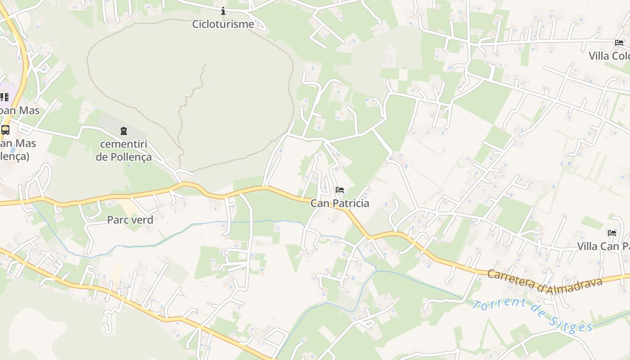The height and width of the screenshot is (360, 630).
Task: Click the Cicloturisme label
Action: (223, 24)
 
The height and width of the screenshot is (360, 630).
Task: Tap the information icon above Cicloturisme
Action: (223, 11)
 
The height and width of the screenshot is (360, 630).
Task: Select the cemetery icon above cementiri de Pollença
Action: (124, 131)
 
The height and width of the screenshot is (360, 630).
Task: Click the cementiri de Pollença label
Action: (124, 151)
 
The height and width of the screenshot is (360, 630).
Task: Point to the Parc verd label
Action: (130, 220)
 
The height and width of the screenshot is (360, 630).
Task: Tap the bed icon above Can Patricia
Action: (340, 190)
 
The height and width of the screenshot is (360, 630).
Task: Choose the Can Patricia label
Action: (340, 203)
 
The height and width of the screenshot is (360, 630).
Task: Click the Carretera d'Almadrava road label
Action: (544, 282)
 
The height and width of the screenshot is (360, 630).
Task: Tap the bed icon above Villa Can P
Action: (612, 233)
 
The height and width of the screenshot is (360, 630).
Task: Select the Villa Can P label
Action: (603, 247)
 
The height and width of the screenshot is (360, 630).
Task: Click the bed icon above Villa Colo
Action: (619, 43)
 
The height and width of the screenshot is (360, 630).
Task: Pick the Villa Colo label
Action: (609, 56)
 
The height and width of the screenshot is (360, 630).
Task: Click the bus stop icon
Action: (5, 130)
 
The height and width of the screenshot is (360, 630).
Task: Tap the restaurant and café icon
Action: (4, 97)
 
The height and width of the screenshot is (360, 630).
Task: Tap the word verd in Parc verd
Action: (142, 220)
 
